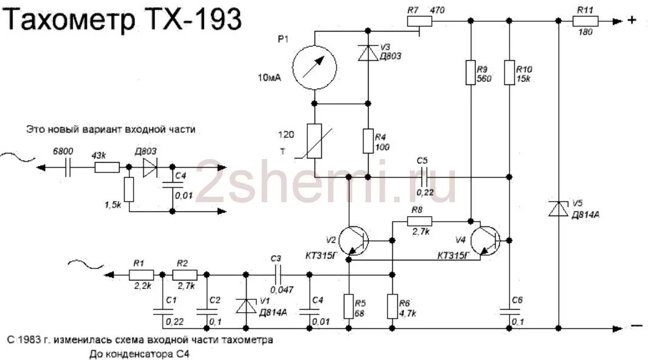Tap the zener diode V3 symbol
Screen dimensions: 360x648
(368, 53)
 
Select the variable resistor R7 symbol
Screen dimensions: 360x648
(420, 21)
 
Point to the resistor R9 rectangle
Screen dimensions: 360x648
(470, 72)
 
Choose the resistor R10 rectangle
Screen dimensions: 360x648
(509, 72)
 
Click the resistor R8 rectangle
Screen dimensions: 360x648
(420, 221)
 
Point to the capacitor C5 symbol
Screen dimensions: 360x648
(423, 177)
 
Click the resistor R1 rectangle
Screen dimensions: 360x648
(141, 274)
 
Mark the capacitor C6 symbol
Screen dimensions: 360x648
(509, 310)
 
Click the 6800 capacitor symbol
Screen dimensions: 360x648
(68, 167)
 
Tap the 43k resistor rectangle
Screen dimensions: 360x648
(107, 167)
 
